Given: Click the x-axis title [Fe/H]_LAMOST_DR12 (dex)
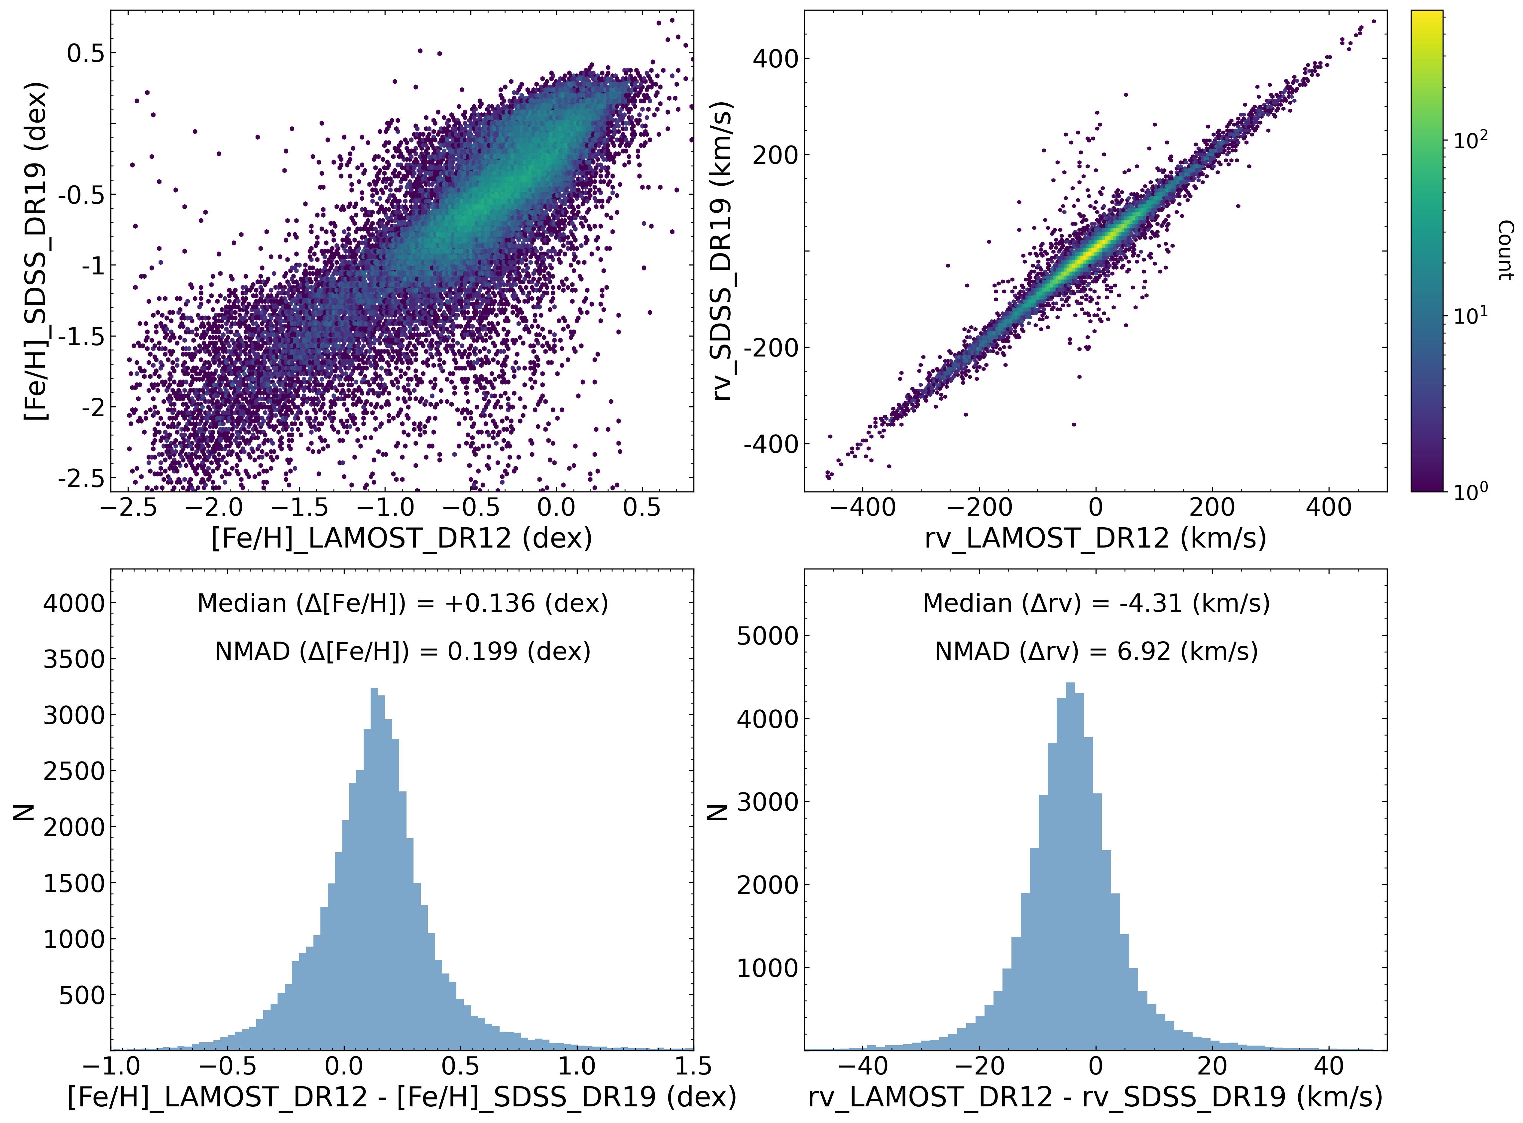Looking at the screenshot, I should coord(402,538).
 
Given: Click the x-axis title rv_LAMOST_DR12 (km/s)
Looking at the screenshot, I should coord(1095,538).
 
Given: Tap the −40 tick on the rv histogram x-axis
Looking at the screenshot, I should coord(863,1066).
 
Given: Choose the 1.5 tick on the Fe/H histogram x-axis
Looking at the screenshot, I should coord(693,1066).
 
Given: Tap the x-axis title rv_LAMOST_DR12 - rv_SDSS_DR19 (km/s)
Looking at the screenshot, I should coord(1095,1097).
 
